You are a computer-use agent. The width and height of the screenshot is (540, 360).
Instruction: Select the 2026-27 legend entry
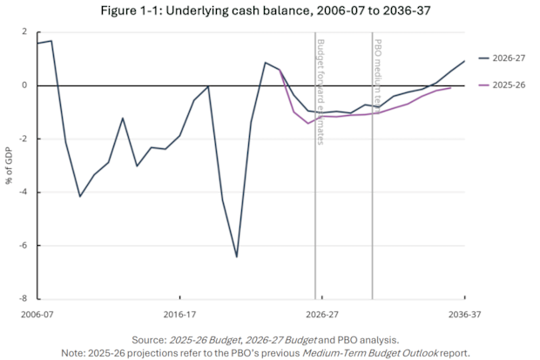coord(503,58)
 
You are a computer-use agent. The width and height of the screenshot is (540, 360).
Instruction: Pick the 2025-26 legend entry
coord(503,85)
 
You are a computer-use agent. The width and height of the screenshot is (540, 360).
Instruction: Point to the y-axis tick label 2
coord(24,31)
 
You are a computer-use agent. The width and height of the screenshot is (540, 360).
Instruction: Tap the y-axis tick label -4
coord(24,192)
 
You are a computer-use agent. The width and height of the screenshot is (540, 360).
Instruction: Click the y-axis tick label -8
coord(24,299)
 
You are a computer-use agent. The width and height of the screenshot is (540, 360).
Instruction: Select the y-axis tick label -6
coord(24,245)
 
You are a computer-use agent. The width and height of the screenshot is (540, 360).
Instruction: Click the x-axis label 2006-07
coord(37,315)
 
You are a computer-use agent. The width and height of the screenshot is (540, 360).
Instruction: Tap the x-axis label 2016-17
coord(179,315)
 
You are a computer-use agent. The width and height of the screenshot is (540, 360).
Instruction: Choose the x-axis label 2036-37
coord(464,315)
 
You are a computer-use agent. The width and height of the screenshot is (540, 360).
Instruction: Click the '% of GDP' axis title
coord(9,166)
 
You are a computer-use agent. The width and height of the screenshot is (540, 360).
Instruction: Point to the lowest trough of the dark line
coord(237,257)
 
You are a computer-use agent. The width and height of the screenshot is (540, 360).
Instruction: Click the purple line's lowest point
coord(308,123)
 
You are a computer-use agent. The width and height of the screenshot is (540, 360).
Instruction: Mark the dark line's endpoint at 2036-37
coord(464,61)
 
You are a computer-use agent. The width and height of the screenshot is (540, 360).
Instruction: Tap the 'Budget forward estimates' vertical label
coord(321,92)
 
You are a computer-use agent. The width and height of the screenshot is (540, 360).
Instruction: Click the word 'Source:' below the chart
coord(150,340)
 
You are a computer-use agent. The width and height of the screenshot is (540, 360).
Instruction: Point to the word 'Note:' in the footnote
coord(73,353)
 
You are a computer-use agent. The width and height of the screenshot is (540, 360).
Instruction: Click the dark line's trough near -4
coord(80,196)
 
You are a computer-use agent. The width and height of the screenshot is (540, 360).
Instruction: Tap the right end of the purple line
coord(450,88)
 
